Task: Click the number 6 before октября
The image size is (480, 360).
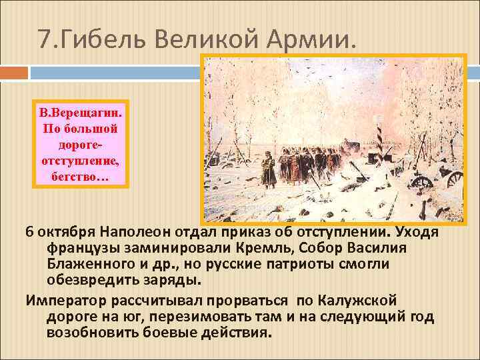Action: (x=29, y=231)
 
